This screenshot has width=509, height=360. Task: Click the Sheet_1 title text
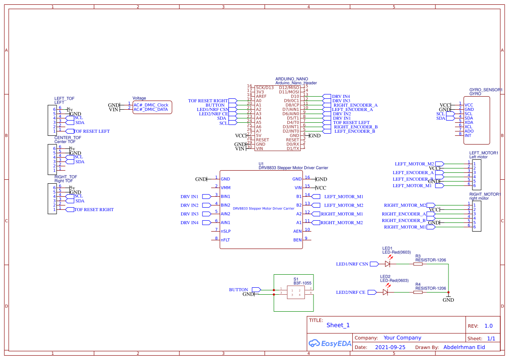coord(338,325)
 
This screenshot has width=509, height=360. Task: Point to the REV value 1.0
coord(489,326)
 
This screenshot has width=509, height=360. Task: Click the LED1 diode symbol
coord(387,264)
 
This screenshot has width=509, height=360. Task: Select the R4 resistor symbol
coord(418,292)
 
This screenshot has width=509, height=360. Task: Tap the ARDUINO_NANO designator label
coord(291,79)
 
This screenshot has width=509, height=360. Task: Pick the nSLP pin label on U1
coord(226,231)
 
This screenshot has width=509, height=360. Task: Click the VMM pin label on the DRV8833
coord(226,188)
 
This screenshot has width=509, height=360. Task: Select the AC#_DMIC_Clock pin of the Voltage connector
coord(151,105)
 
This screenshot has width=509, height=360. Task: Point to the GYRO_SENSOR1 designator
coord(485,90)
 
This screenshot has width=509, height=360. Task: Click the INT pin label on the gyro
coord(468,135)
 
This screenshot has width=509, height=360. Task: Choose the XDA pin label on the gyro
coord(469,122)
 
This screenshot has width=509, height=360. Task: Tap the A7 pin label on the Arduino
coord(259,131)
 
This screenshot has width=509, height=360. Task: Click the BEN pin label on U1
coord(297,240)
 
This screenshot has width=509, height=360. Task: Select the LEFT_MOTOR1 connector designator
coord(483,153)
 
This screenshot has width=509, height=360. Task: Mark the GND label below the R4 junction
coord(448,300)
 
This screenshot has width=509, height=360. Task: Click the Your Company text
coord(402,338)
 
